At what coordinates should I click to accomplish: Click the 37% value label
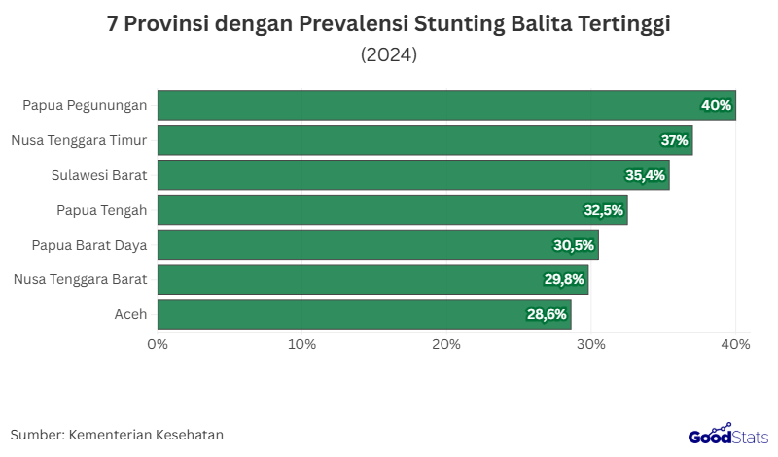(675, 140)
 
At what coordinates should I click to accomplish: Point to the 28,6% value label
(548, 314)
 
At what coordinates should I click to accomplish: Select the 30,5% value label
(574, 245)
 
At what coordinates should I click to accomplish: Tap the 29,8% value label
(564, 280)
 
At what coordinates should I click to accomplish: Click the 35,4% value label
(645, 175)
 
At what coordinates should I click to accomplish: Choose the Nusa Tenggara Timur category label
(79, 140)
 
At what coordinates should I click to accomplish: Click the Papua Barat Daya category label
(88, 245)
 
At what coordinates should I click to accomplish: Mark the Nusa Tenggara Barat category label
(80, 280)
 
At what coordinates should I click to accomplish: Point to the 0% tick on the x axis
(158, 344)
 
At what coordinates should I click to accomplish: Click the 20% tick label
(446, 344)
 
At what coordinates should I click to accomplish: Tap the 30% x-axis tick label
(591, 344)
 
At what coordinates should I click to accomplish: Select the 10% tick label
(302, 344)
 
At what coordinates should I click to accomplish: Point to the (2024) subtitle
(389, 54)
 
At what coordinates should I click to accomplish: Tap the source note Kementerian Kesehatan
(146, 435)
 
